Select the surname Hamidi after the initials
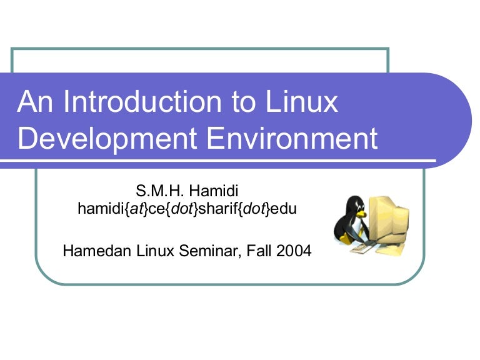tap(214, 191)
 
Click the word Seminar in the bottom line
tap(210, 252)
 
